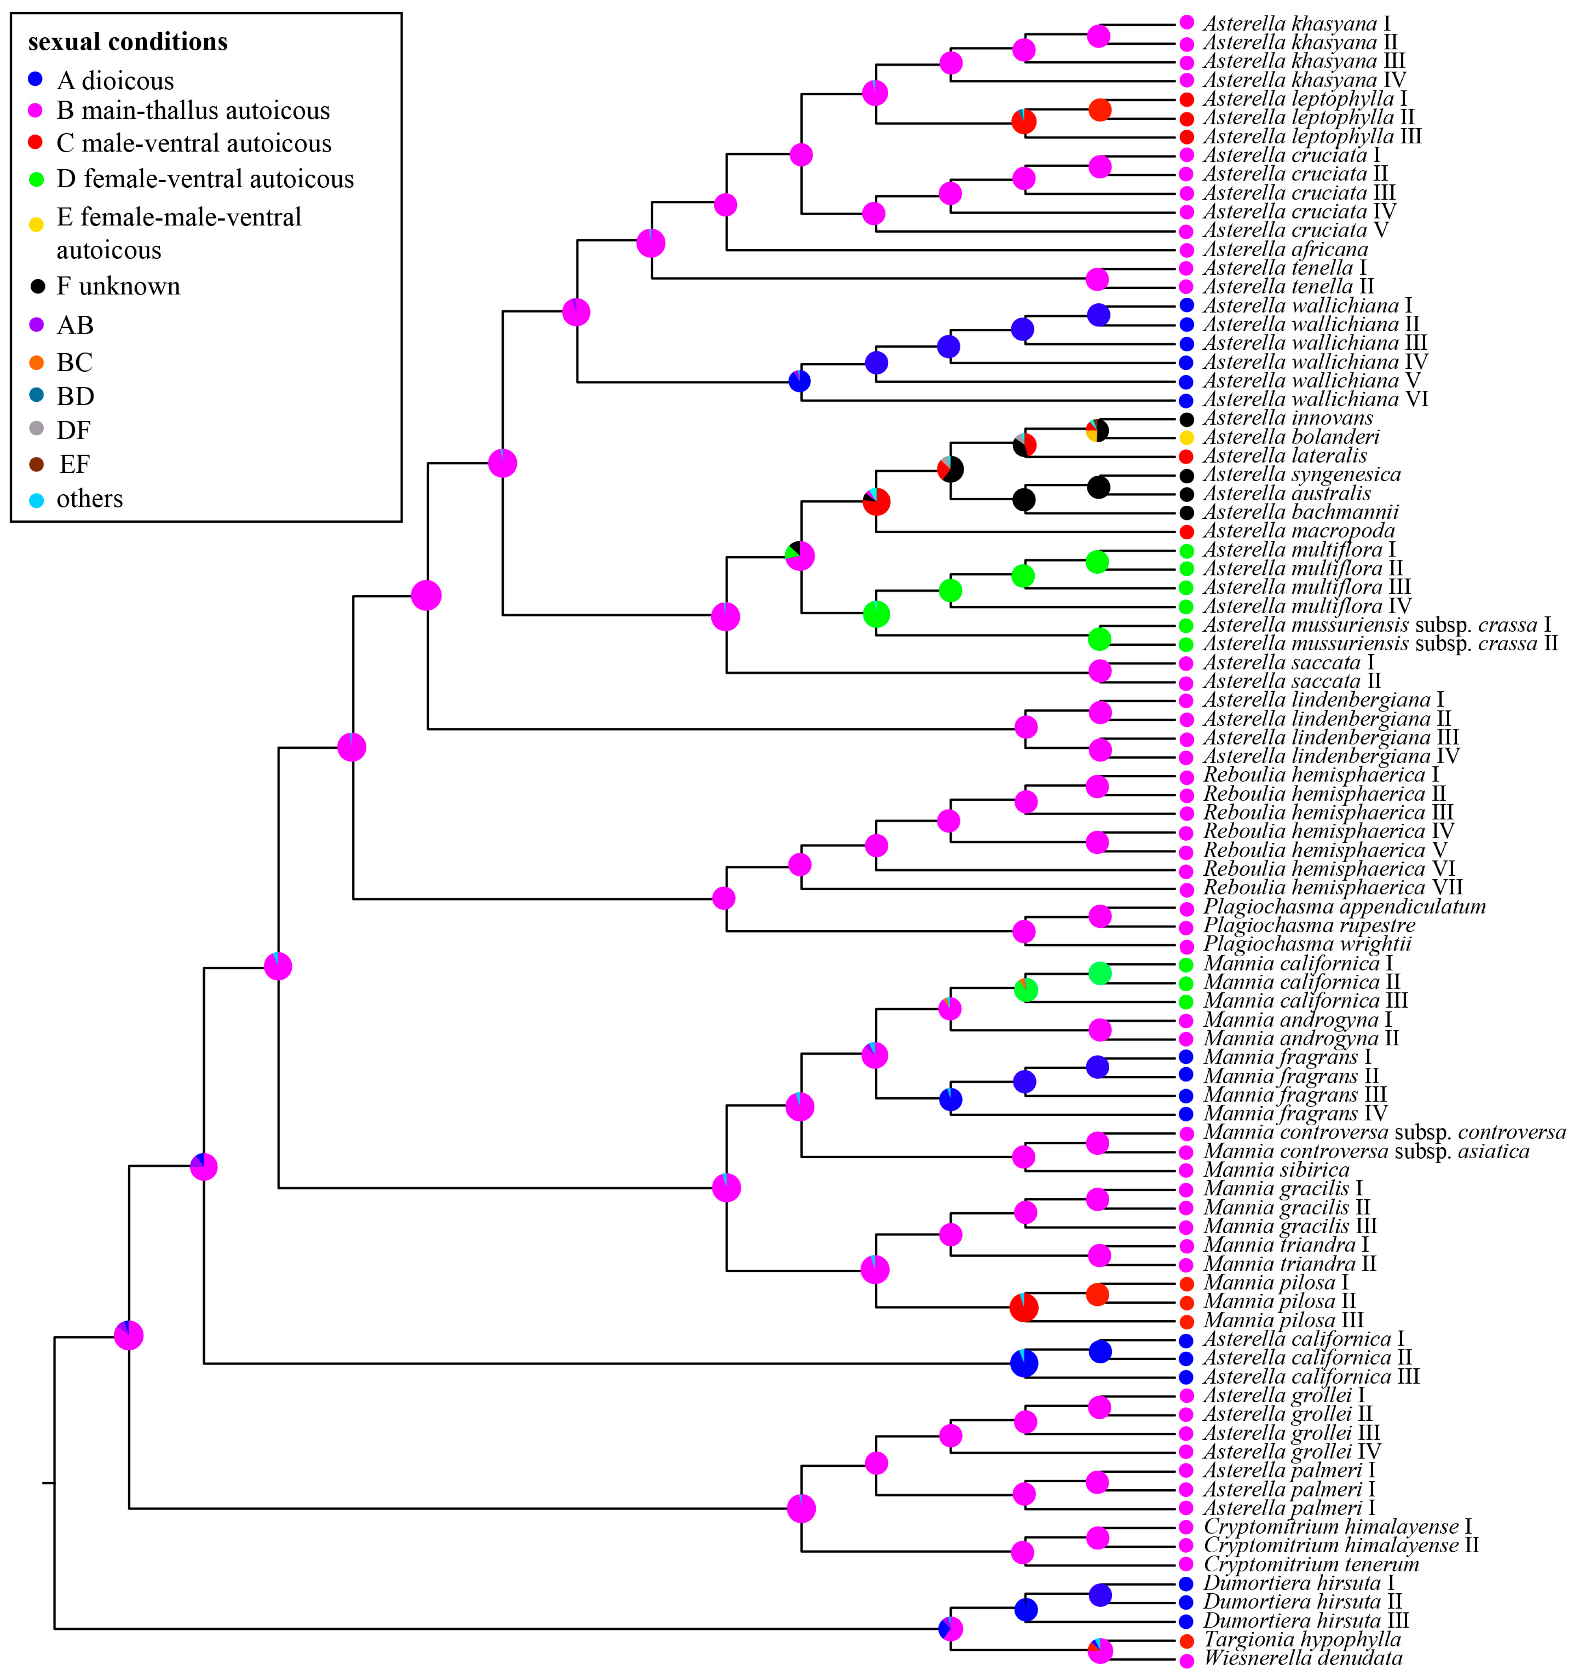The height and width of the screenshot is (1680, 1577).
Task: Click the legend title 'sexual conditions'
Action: point(128,42)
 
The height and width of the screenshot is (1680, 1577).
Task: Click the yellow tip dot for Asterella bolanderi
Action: point(1187,438)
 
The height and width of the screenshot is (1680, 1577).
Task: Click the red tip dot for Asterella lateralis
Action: point(1187,456)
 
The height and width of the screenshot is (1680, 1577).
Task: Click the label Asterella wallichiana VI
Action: point(1315,400)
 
